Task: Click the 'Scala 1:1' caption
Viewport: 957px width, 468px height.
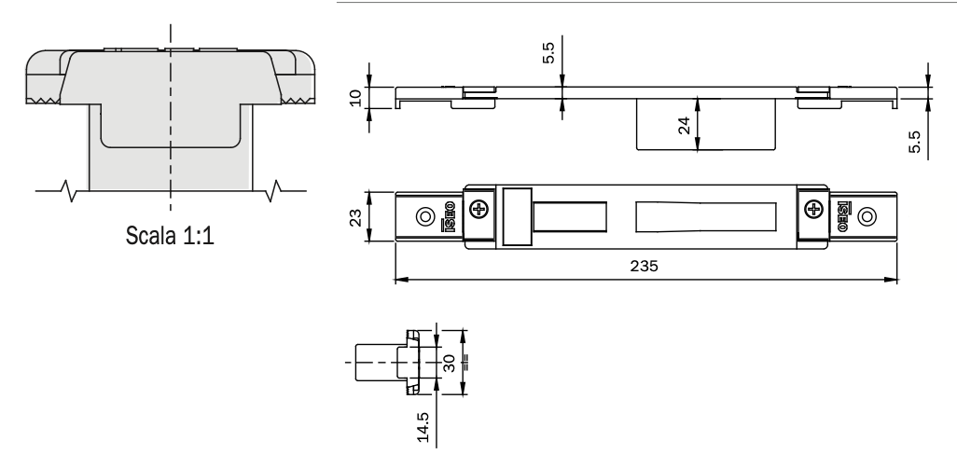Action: [170, 234]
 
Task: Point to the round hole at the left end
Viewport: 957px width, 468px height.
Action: [425, 217]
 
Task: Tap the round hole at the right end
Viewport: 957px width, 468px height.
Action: [867, 217]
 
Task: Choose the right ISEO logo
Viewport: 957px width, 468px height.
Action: [839, 216]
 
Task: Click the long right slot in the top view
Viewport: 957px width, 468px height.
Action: [706, 217]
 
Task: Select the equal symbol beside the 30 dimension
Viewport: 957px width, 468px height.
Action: [465, 363]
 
